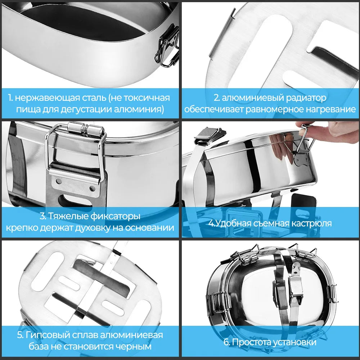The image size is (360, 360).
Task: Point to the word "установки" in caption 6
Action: tap(293, 342)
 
